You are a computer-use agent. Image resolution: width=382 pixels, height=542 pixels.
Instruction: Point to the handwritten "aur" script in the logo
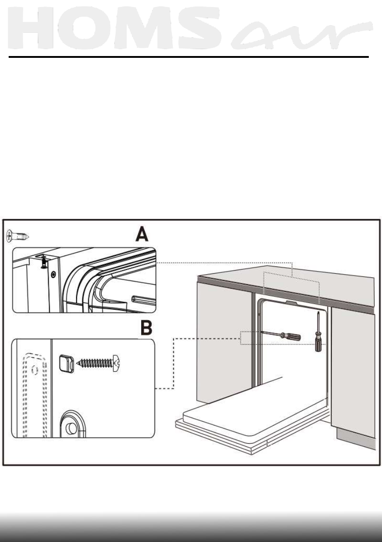point(301,33)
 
